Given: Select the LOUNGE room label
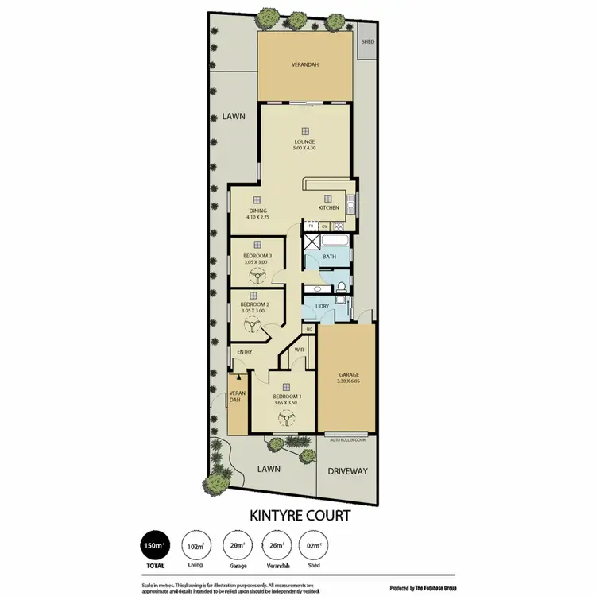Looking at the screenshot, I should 305,142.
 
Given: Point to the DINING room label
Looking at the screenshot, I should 257,211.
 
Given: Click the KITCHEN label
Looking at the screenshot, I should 329,207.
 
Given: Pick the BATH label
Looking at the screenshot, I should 329,257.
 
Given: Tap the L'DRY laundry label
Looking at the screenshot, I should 322,306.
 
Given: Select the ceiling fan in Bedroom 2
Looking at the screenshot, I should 252,324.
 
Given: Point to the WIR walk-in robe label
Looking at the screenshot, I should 300,349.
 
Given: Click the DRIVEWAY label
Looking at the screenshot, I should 347,470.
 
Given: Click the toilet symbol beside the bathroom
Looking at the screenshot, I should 340,287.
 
